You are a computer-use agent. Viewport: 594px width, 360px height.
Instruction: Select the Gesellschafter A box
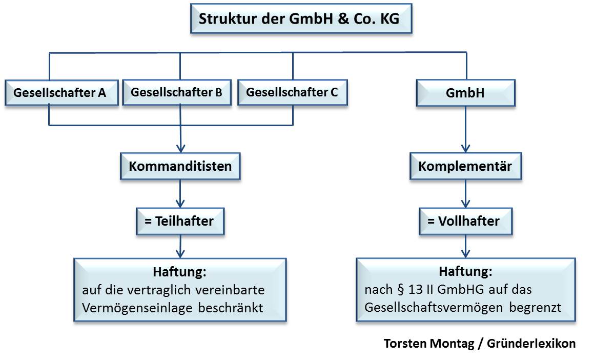[60, 93]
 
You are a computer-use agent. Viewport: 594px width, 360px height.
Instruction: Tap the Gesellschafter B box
[176, 92]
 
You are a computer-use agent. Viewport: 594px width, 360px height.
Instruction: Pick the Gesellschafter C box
[292, 92]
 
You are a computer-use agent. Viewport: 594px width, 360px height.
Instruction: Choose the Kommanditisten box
[180, 166]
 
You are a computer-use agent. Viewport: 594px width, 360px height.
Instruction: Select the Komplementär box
[465, 166]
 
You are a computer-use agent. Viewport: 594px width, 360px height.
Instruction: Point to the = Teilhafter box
[180, 221]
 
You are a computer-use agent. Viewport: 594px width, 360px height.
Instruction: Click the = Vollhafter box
[465, 221]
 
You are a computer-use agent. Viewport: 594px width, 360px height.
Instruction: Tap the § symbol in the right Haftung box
[401, 290]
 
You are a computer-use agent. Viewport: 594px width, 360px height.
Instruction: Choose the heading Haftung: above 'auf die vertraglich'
[180, 271]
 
